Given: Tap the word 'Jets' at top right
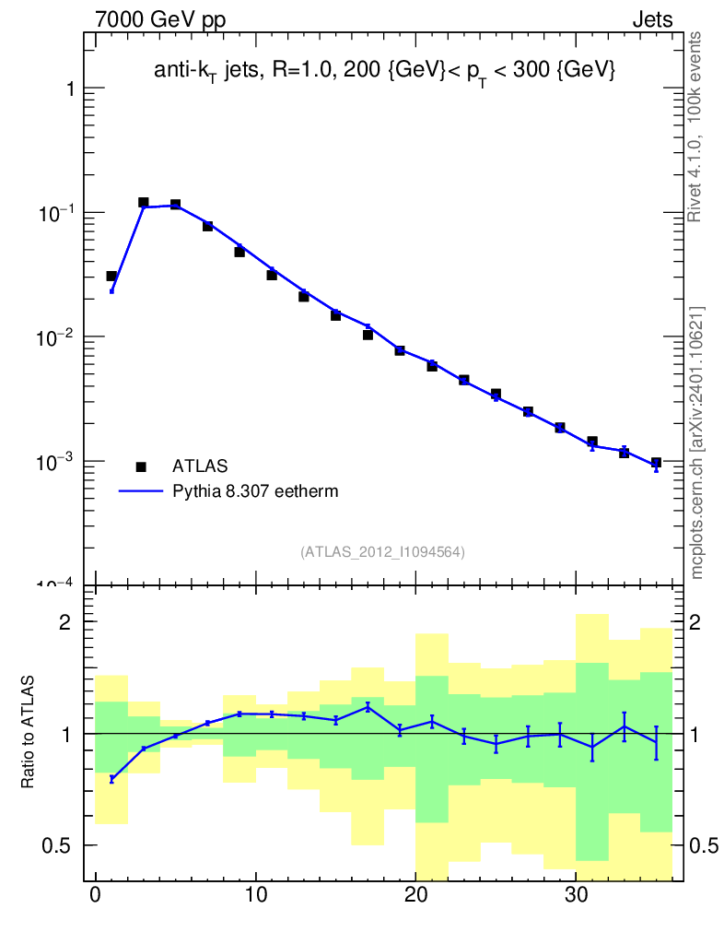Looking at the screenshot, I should coord(651,20).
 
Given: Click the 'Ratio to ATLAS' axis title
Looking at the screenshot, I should coord(29,731).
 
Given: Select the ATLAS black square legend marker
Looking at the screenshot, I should coord(141,466).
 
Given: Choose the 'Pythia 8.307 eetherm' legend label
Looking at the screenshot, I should coord(255,491).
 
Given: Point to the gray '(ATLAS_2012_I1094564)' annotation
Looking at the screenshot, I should coord(382,551).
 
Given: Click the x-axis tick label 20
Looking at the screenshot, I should coord(416,895).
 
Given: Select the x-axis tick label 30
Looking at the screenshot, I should coord(576,895).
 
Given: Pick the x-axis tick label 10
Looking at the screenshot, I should coord(256,895).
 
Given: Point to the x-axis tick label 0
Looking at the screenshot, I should coord(96,895).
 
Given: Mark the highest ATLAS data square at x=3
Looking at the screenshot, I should coord(144,202).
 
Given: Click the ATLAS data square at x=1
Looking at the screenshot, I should coord(111,276).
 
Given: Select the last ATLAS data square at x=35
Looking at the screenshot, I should coord(656,463).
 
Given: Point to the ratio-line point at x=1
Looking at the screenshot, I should coord(111,779).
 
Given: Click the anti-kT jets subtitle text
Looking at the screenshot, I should coord(384,70).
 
